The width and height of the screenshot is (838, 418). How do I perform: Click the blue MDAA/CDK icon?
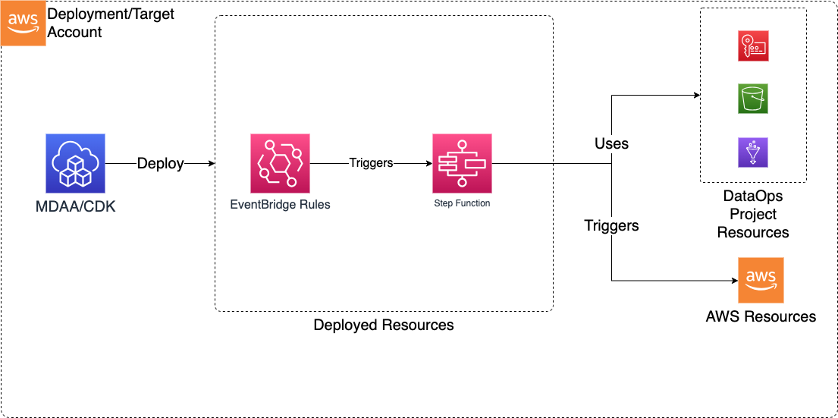(75, 163)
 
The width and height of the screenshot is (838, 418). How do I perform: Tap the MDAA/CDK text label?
(75, 206)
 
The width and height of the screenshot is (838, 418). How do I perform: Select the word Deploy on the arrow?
(160, 164)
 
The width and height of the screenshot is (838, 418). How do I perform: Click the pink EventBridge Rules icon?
(280, 163)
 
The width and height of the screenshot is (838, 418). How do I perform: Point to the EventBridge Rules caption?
(281, 204)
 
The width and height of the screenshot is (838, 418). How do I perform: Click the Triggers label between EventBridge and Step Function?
(371, 163)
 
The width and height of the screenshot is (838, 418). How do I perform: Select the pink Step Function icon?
(462, 163)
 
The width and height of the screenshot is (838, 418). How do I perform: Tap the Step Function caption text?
(462, 203)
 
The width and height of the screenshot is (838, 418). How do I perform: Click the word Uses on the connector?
(611, 143)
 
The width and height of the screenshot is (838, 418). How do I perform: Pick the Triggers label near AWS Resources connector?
(611, 225)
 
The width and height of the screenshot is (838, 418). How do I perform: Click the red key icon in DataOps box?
(752, 46)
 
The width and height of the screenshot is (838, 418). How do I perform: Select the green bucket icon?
(752, 99)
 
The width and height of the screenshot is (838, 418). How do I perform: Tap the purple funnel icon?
(752, 152)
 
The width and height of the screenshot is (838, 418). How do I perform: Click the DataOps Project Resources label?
(752, 214)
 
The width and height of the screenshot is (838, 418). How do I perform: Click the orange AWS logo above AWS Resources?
(761, 280)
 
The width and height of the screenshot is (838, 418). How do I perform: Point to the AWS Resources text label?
(761, 316)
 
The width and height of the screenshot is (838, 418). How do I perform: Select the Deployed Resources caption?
(383, 325)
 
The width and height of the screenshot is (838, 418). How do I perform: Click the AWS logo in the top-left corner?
(23, 23)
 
